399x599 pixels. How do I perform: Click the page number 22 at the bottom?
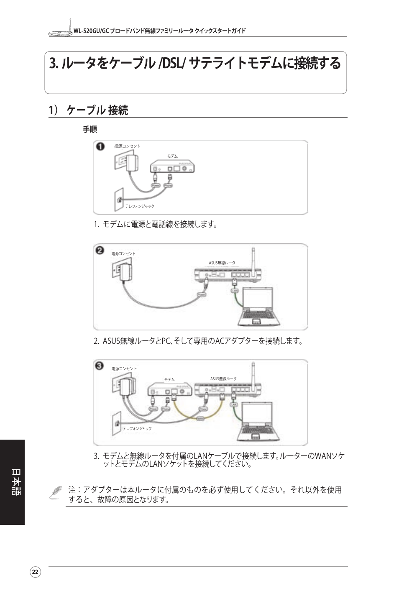click(35, 572)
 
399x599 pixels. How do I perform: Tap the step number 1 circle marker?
click(100, 146)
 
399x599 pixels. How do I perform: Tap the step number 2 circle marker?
click(100, 251)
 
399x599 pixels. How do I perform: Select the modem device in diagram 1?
click(172, 166)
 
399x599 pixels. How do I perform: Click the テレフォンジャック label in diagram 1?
click(140, 206)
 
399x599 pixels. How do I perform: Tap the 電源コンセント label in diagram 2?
click(123, 253)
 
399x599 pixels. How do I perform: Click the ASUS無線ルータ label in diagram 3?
click(223, 379)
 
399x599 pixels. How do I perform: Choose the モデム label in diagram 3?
click(169, 379)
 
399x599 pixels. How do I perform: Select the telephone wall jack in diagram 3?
click(117, 422)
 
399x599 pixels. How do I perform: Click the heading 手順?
click(90, 129)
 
